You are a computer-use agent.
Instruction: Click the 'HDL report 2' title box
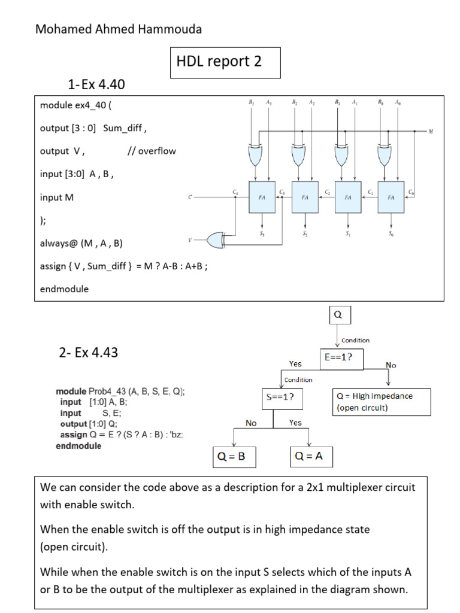click(225, 62)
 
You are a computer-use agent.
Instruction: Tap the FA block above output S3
click(262, 196)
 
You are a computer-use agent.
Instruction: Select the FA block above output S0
click(391, 196)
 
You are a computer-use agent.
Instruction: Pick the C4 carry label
click(235, 191)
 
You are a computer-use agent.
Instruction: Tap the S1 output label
click(348, 233)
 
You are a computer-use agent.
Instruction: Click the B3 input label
click(251, 102)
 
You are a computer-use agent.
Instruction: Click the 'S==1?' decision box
click(280, 396)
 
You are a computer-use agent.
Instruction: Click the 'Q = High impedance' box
click(381, 402)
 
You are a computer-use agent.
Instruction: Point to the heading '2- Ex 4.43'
click(88, 352)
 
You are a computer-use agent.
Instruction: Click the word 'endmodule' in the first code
click(64, 289)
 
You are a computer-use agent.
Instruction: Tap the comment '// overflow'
click(152, 151)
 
